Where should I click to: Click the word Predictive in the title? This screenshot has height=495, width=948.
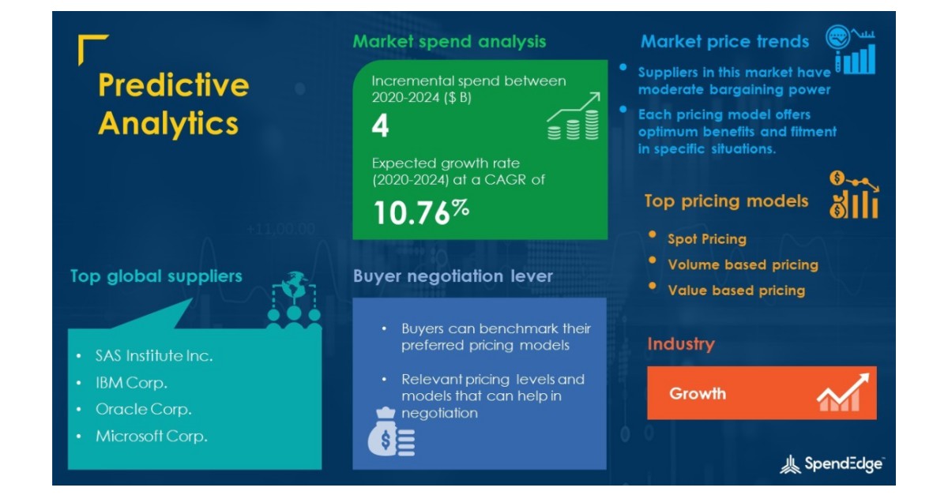coord(173,85)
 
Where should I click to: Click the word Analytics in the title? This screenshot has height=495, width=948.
coord(167,124)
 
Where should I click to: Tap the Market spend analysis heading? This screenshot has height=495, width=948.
coord(449,41)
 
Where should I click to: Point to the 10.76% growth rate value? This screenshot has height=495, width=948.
coord(421,212)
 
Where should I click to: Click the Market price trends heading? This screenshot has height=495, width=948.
coord(724,41)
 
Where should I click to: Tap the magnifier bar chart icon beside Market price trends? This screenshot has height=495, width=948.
coord(851,50)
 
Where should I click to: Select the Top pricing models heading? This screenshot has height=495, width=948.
coord(726,201)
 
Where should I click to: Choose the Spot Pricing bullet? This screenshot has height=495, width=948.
coord(706,238)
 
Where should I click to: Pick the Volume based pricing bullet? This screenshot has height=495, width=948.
coord(743,264)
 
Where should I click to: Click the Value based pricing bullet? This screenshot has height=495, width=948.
coord(736,290)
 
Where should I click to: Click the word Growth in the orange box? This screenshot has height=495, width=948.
coord(698,393)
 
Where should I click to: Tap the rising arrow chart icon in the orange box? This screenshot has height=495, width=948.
coord(843,392)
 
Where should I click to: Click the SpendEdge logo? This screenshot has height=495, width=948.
coord(832,464)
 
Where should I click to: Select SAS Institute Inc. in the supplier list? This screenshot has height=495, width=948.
coord(154,356)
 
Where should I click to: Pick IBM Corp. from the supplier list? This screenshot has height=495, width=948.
coord(131,383)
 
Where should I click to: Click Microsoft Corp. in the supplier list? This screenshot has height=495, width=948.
coord(151,436)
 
